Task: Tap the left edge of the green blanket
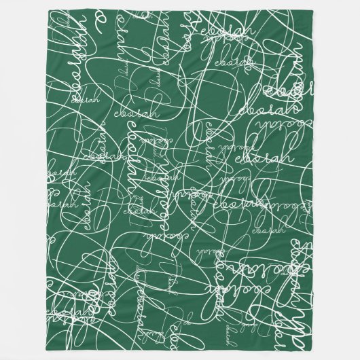(x=43, y=180)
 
